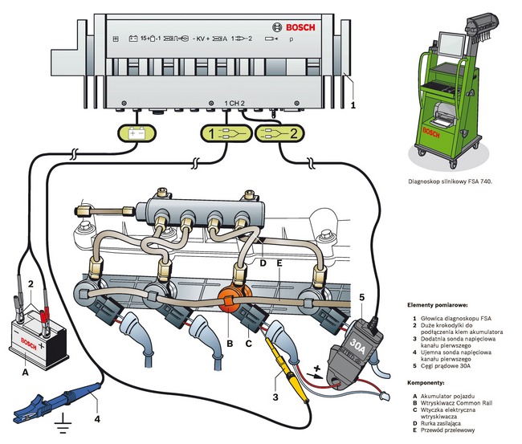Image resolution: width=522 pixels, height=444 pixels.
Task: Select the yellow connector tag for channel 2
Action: pos(282,133)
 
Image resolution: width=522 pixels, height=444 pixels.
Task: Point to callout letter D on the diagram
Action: pos(262,262)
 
